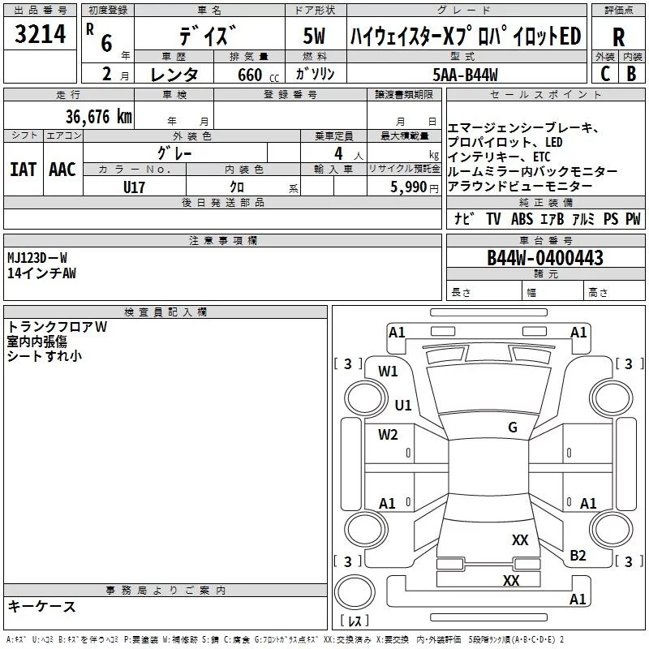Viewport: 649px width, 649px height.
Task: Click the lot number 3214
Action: click(x=41, y=35)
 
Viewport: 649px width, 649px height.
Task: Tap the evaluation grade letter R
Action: click(x=618, y=37)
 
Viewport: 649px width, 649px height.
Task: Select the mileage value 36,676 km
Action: click(x=98, y=116)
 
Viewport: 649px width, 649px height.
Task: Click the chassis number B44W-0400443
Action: click(x=544, y=258)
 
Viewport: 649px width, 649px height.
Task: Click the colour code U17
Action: click(x=135, y=186)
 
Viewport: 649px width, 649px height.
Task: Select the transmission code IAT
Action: click(x=23, y=169)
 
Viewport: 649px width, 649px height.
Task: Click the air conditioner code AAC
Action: click(x=62, y=169)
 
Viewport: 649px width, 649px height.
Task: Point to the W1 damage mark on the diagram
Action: click(x=388, y=372)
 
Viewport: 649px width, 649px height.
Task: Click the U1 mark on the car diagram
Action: click(x=403, y=406)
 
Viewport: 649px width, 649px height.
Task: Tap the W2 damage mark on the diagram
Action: click(x=388, y=435)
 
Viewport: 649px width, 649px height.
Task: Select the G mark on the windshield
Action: click(x=512, y=428)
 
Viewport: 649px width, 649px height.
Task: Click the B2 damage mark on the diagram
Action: click(x=578, y=555)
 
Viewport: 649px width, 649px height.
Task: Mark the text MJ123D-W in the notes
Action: click(x=37, y=258)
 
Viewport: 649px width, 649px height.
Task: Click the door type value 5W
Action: click(x=313, y=37)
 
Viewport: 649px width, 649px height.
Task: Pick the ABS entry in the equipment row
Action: click(x=522, y=219)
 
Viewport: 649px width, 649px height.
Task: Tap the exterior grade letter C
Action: click(x=604, y=74)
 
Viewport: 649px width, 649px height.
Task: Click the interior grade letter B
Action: click(x=631, y=74)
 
